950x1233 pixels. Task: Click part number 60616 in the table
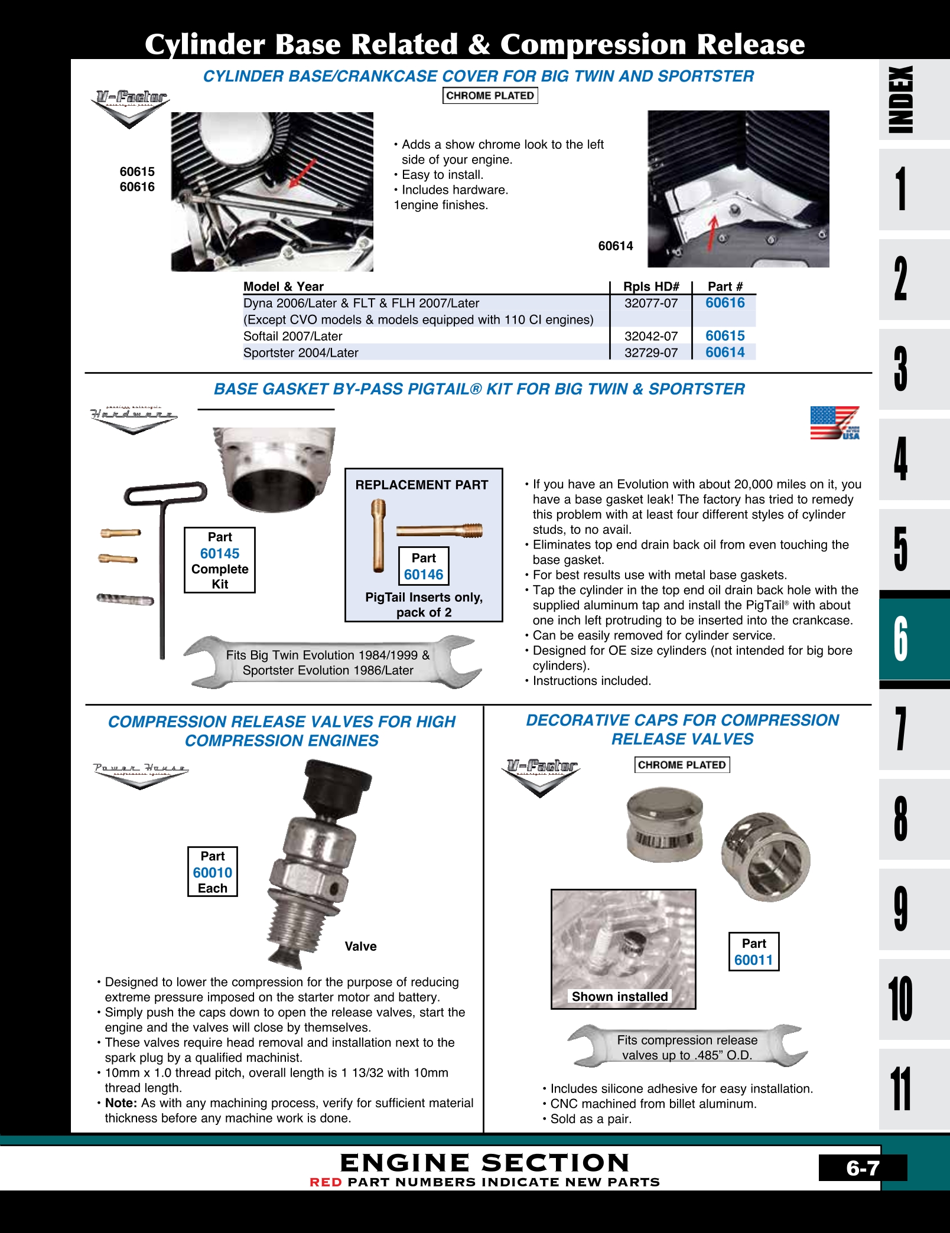pyautogui.click(x=725, y=303)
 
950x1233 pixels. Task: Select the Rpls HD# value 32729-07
pyautogui.click(x=651, y=353)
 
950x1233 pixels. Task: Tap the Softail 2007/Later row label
pyautogui.click(x=293, y=336)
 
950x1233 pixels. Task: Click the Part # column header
pyautogui.click(x=725, y=286)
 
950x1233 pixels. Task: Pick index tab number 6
pyautogui.click(x=900, y=638)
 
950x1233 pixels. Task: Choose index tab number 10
pyautogui.click(x=900, y=999)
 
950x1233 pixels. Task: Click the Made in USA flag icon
pyautogui.click(x=834, y=423)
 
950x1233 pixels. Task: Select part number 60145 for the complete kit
pyautogui.click(x=220, y=553)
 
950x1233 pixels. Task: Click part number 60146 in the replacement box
pyautogui.click(x=424, y=575)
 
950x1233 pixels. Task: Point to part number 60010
pyautogui.click(x=213, y=872)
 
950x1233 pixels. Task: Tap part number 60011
pyautogui.click(x=754, y=960)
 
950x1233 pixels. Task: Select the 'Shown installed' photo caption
pyautogui.click(x=620, y=996)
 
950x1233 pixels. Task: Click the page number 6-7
pyautogui.click(x=863, y=1167)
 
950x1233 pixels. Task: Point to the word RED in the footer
pyautogui.click(x=326, y=1182)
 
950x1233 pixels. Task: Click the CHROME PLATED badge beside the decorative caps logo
pyautogui.click(x=682, y=765)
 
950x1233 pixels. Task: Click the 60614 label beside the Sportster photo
pyautogui.click(x=616, y=246)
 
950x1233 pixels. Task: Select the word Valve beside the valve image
pyautogui.click(x=360, y=946)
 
